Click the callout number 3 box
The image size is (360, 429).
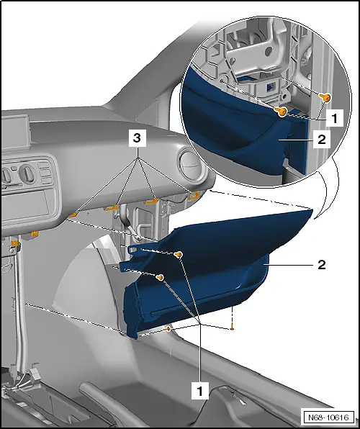137,138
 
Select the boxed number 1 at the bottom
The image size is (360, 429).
200,391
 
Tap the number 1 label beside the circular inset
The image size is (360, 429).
334,118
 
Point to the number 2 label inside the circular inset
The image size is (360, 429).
322,139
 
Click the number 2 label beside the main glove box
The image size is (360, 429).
322,265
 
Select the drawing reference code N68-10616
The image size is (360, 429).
328,417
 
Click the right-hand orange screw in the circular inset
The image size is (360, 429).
325,97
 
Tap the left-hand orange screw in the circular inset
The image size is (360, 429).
281,112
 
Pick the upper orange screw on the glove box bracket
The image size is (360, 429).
179,255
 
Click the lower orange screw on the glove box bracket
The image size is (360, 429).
160,277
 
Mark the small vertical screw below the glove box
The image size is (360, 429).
232,327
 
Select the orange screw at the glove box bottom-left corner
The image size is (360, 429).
167,329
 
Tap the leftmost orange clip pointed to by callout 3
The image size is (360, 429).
73,214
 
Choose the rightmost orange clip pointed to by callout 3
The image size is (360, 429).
194,195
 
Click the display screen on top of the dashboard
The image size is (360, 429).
15,132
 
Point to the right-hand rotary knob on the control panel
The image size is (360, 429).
27,173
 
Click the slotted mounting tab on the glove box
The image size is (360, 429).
133,249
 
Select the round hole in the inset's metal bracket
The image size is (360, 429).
269,50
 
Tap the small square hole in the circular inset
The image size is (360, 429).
271,86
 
